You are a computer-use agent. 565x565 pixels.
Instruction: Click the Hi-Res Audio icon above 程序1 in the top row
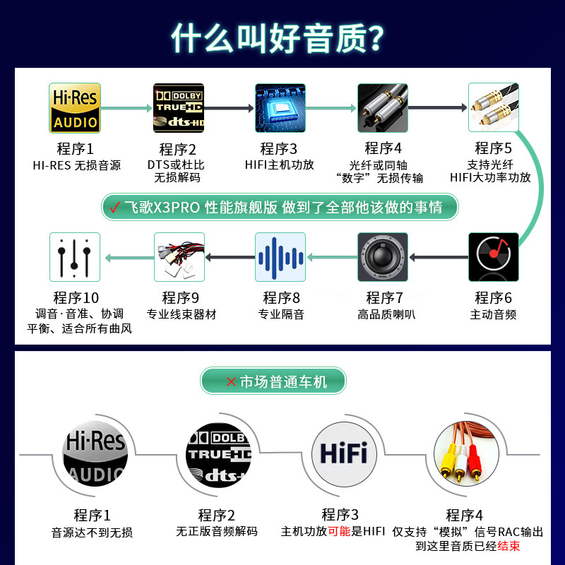tap(74, 108)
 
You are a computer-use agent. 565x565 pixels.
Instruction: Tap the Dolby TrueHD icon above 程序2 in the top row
tap(178, 108)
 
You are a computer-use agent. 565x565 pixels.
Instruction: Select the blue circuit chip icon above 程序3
tap(280, 108)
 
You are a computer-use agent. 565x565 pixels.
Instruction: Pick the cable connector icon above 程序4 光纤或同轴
tap(382, 108)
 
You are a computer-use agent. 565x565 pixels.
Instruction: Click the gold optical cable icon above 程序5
tap(493, 108)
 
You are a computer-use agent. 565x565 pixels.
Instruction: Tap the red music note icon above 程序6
tap(493, 257)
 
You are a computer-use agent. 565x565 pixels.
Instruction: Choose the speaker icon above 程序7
tap(382, 257)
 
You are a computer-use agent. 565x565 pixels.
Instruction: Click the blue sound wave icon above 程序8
tap(280, 257)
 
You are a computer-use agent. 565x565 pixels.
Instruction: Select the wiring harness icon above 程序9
tap(179, 257)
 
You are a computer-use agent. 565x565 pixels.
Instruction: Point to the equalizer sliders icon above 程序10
tap(75, 257)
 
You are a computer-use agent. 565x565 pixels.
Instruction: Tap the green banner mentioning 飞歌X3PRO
tap(280, 207)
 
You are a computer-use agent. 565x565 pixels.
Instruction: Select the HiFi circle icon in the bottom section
tap(343, 452)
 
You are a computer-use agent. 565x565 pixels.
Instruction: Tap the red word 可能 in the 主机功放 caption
tap(339, 531)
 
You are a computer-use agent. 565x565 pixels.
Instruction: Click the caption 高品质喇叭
tap(386, 314)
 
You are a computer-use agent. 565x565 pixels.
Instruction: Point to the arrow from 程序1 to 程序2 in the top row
tap(126, 108)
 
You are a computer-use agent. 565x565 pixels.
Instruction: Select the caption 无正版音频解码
tap(217, 531)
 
